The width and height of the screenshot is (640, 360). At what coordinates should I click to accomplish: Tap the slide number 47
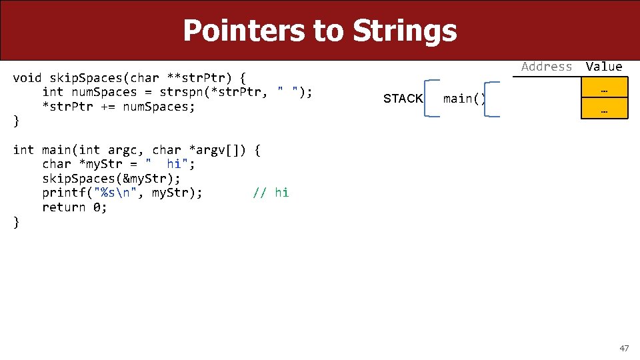[x=624, y=348]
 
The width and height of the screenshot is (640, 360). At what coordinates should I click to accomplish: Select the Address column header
[x=547, y=67]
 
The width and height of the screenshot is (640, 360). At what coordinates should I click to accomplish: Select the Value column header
[x=604, y=67]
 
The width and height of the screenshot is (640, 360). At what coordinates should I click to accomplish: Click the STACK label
[x=403, y=99]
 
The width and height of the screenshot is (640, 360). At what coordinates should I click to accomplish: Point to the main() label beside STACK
[x=465, y=99]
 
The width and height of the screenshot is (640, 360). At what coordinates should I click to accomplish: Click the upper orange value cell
[x=604, y=88]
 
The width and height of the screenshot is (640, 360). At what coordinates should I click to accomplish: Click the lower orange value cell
[x=604, y=109]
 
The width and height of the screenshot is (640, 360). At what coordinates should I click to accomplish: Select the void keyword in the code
[x=27, y=77]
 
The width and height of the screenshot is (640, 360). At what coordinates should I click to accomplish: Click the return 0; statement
[x=75, y=207]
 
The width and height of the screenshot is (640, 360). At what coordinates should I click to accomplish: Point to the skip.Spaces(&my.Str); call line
[x=110, y=178]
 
